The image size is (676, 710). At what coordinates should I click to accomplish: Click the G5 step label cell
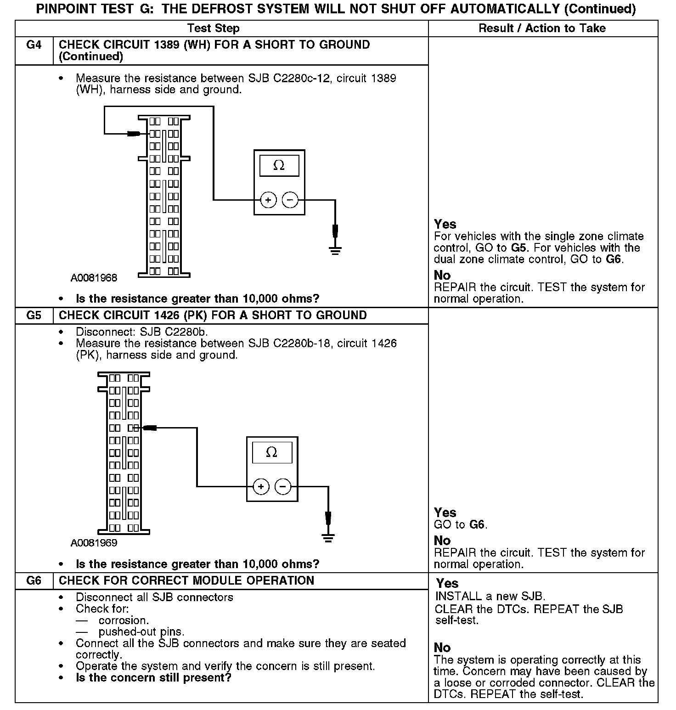point(34,316)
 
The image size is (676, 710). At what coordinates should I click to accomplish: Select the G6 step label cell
point(34,580)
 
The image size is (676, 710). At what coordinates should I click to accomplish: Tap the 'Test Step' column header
point(214,28)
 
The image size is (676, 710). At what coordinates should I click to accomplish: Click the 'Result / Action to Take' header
point(542,28)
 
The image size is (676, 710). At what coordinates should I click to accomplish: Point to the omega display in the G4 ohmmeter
point(279,166)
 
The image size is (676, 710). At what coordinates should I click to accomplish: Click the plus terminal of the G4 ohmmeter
point(268,200)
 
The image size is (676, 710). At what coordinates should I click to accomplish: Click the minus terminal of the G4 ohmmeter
point(290,200)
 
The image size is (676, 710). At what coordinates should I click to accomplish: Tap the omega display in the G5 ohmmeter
point(272,453)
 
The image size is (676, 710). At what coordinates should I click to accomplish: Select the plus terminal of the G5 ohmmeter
point(261,486)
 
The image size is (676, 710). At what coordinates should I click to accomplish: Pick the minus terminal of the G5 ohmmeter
point(283,486)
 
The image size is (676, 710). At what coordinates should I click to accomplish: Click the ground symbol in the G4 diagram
point(335,250)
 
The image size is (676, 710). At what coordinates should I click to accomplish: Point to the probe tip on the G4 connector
point(134,134)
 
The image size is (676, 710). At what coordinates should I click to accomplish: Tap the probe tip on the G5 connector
point(150,428)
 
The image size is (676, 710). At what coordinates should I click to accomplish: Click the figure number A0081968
point(94,278)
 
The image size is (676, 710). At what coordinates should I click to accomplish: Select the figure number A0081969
point(94,543)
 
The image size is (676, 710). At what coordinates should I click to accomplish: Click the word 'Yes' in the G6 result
point(447,583)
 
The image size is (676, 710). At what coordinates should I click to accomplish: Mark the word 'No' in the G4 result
point(442,275)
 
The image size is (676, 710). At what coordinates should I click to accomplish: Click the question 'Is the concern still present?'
point(153,678)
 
